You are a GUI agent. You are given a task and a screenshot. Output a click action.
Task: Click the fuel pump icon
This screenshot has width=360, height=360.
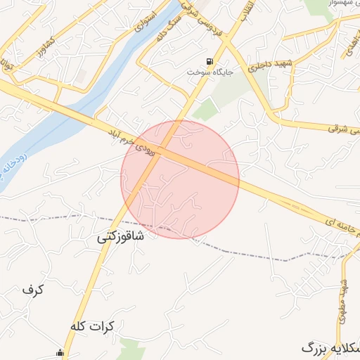click(209, 61)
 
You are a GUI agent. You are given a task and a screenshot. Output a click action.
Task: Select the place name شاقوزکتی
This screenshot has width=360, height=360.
click(120, 237)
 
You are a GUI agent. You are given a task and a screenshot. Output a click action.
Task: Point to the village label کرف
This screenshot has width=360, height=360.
click(33, 289)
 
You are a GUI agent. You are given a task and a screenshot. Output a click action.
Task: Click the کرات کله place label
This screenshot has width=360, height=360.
click(92, 327)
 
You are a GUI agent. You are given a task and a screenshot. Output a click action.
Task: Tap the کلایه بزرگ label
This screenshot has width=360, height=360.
click(330, 347)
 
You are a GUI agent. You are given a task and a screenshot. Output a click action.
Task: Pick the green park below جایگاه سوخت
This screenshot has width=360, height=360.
click(205, 109)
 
